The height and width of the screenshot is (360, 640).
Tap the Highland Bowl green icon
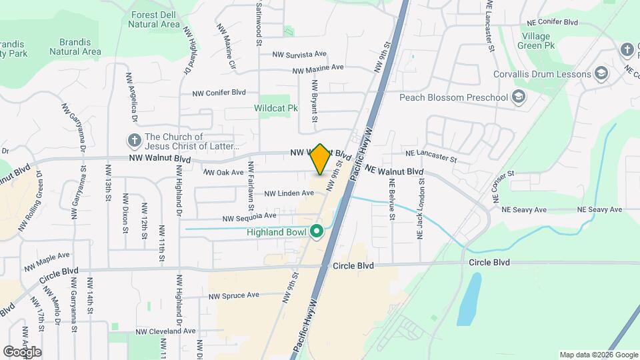[317, 232]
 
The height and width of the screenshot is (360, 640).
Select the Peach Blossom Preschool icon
[518, 98]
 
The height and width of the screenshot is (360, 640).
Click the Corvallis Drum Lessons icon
[601, 73]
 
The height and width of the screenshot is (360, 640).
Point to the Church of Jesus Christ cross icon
[134, 141]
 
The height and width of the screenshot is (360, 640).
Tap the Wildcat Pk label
[275, 107]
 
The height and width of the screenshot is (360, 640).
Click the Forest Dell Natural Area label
[154, 19]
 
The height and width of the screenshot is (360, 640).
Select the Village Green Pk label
[537, 41]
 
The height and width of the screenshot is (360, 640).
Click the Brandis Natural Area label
[75, 46]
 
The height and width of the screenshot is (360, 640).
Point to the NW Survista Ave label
[299, 54]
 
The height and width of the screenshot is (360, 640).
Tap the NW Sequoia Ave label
[249, 217]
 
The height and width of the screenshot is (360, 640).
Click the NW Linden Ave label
[289, 193]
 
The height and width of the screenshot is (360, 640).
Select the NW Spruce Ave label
[233, 295]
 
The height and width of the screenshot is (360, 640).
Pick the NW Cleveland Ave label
[165, 331]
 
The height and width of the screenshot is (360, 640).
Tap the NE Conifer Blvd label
[552, 22]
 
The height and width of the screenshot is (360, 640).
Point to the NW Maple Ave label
[47, 260]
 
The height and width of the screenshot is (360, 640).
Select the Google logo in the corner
[21, 352]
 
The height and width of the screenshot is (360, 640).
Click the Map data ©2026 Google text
[598, 355]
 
